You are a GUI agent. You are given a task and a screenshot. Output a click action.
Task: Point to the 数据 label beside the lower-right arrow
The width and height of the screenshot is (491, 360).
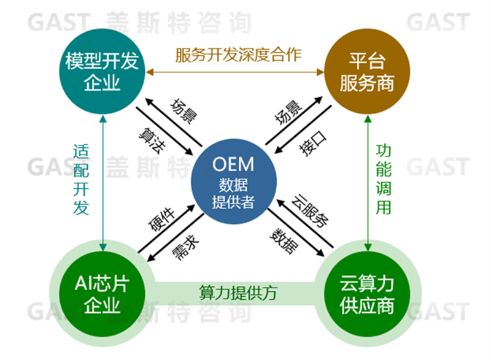282,241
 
